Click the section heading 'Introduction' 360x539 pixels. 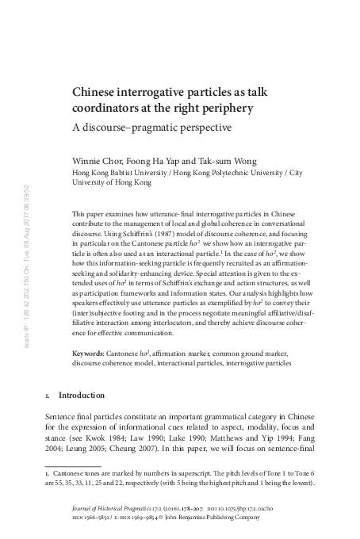point(82,394)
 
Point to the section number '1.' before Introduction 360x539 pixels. point(48,394)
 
